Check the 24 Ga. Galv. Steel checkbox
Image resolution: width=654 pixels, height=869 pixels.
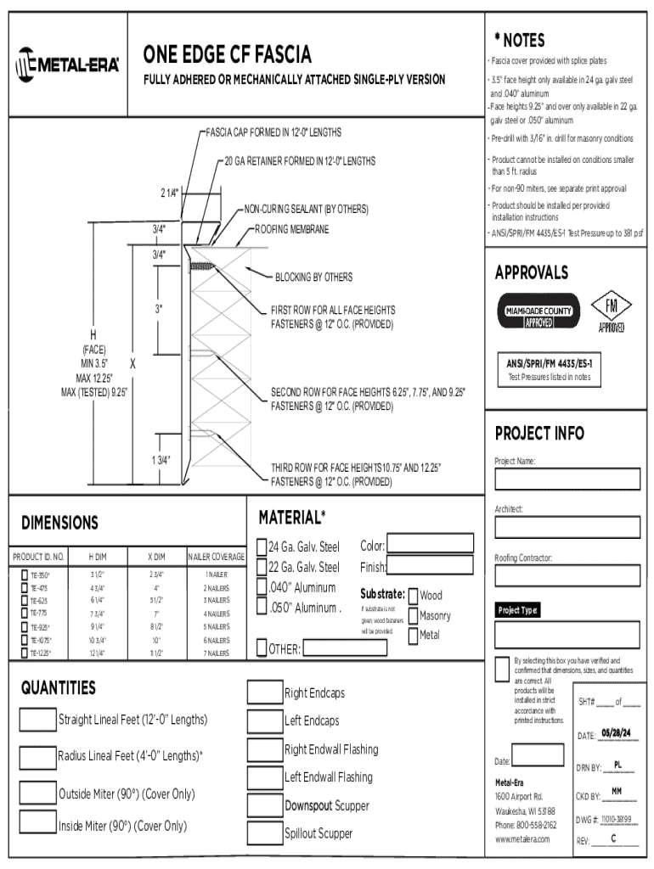(262, 547)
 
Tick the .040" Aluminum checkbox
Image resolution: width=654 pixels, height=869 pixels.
(262, 587)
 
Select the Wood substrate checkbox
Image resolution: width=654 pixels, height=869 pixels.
(413, 596)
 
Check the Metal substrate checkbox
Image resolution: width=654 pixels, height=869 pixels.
(413, 635)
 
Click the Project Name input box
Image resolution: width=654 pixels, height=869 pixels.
(567, 479)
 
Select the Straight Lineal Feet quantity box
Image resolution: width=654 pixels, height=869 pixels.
(37, 720)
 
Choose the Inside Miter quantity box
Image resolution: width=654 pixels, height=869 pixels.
(37, 823)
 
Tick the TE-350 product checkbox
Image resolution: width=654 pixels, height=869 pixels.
(23, 575)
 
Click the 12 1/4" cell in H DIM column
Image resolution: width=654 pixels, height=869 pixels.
(98, 653)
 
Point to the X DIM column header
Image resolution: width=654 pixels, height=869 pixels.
(155, 557)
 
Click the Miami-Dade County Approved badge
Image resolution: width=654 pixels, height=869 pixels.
(538, 311)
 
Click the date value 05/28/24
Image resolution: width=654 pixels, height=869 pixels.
(616, 733)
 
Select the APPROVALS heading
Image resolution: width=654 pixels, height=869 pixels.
(532, 272)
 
